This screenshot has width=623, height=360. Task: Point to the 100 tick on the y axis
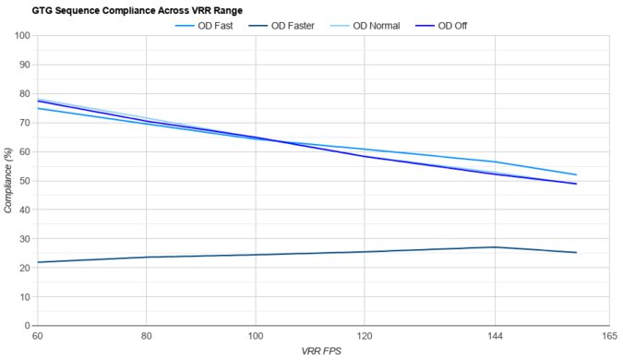tap(21, 36)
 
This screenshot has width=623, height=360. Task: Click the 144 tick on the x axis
tap(495, 336)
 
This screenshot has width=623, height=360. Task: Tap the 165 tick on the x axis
tap(608, 336)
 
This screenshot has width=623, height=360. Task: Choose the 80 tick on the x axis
tap(146, 336)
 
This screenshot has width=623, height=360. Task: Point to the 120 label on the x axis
tap(365, 336)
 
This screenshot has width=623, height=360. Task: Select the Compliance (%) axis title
tap(8, 181)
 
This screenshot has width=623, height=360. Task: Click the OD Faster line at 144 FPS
tap(495, 247)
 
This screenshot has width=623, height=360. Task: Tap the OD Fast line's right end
tap(576, 174)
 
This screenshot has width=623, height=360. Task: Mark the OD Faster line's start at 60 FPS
tap(37, 262)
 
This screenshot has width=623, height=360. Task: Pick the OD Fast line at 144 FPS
tap(495, 162)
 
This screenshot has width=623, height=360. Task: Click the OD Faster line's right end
tap(576, 252)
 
